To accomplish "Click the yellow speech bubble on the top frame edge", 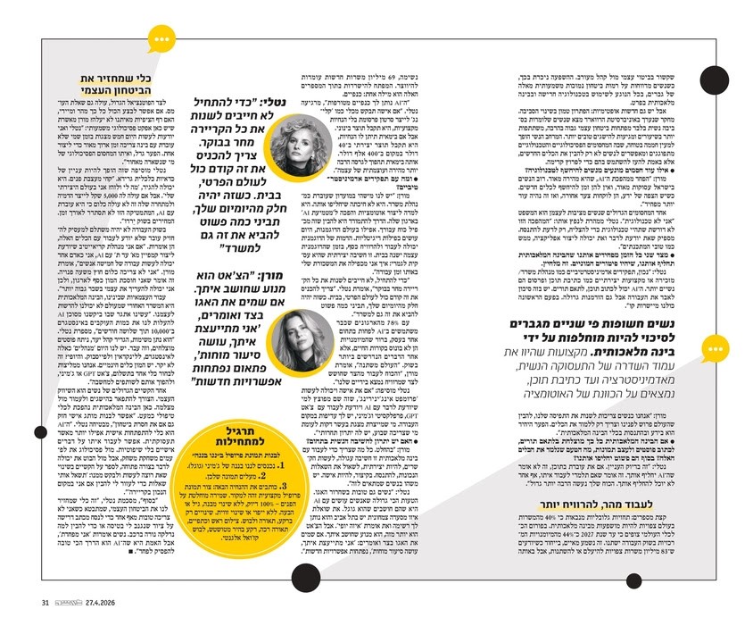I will tap(161, 38).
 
